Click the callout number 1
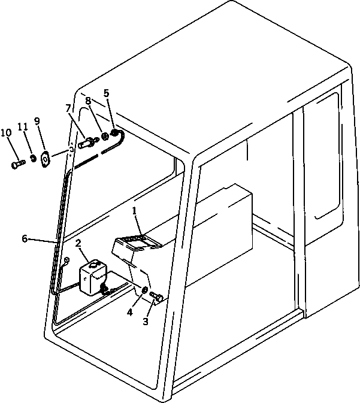tap(135, 211)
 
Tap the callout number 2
tap(78, 244)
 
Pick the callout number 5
tap(107, 93)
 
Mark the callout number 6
tap(25, 238)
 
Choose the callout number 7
tap(69, 108)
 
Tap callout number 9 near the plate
tap(37, 121)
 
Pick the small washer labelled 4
tap(145, 291)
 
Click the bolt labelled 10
tap(17, 162)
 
